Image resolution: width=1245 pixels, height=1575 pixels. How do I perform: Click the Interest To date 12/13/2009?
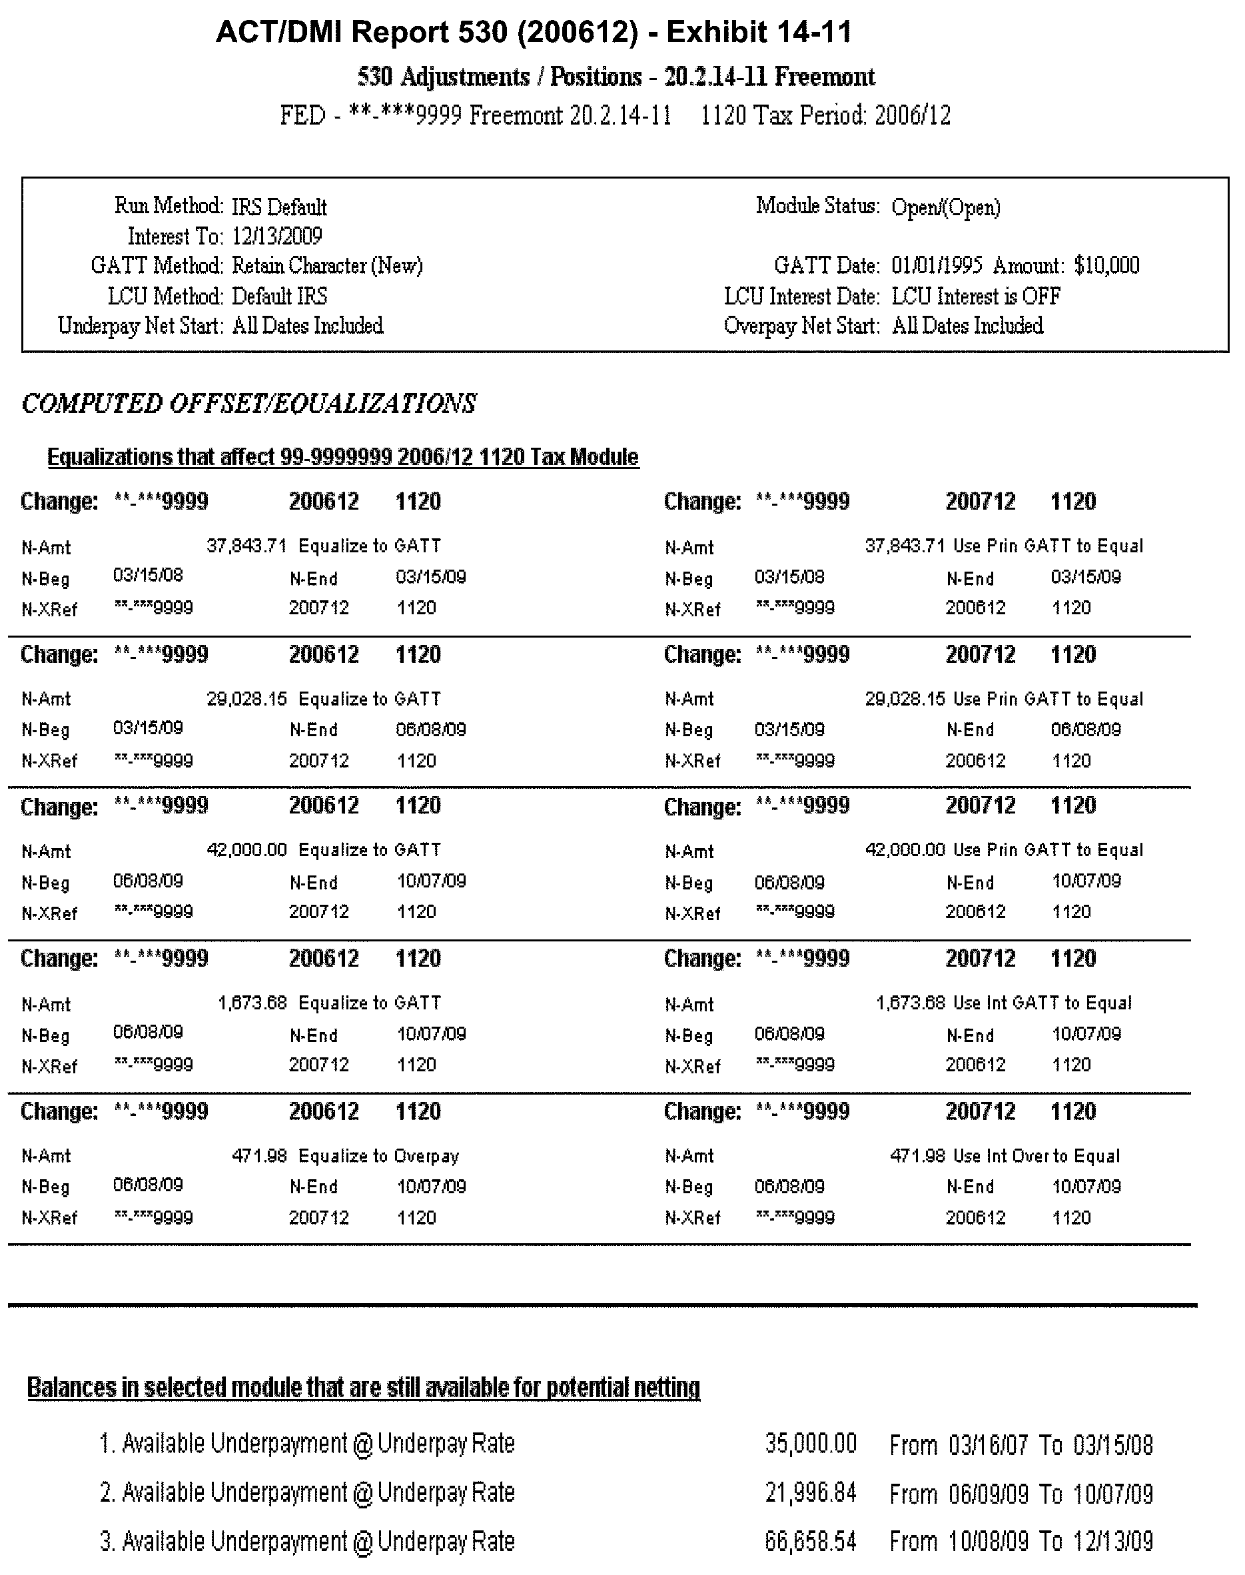(x=277, y=237)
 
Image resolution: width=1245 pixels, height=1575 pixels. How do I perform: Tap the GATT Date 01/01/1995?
(x=937, y=265)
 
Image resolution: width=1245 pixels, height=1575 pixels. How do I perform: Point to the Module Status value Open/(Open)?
(x=945, y=208)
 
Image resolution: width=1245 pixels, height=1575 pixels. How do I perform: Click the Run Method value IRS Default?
(x=279, y=208)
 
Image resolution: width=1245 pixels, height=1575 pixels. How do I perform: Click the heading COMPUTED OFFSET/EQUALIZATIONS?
(x=248, y=403)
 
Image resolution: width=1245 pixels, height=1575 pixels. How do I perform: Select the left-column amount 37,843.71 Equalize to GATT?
(x=246, y=546)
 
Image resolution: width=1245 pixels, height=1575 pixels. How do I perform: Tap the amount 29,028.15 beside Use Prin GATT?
(x=905, y=698)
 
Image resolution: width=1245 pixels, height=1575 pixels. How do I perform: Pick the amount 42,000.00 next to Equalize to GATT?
(x=246, y=849)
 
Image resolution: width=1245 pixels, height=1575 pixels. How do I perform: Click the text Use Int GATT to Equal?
(x=1042, y=1003)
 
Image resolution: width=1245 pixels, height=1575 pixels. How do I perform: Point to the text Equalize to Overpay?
(x=379, y=1156)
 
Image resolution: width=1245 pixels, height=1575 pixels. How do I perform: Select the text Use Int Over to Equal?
(x=1036, y=1156)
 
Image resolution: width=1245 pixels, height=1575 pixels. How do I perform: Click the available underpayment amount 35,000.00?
(x=811, y=1444)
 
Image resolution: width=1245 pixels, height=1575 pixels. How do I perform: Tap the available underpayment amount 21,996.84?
(x=811, y=1492)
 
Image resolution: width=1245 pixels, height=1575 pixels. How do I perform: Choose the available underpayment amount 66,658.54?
(x=811, y=1542)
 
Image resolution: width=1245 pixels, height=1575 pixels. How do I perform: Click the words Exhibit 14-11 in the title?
(x=759, y=33)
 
